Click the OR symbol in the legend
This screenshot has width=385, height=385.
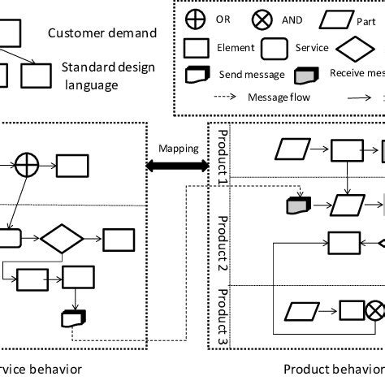click(x=197, y=19)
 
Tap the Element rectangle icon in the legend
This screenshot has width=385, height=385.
click(x=197, y=48)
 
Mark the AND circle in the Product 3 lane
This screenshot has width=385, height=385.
click(x=374, y=310)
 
